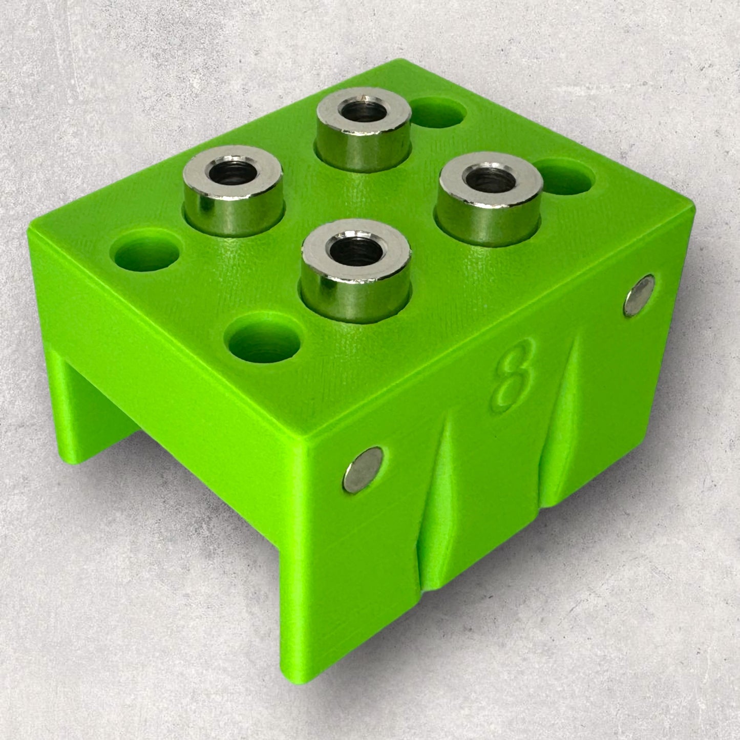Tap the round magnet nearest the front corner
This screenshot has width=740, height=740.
pyautogui.click(x=363, y=470)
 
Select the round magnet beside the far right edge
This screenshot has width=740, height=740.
pyautogui.click(x=640, y=295)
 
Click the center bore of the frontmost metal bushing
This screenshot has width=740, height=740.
pyautogui.click(x=356, y=251)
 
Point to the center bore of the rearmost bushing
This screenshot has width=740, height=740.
pyautogui.click(x=364, y=112)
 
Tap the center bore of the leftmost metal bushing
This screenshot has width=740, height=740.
pyautogui.click(x=233, y=173)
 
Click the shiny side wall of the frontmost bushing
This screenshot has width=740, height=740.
pyautogui.click(x=355, y=295)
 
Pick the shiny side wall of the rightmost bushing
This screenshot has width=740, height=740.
pyautogui.click(x=489, y=219)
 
